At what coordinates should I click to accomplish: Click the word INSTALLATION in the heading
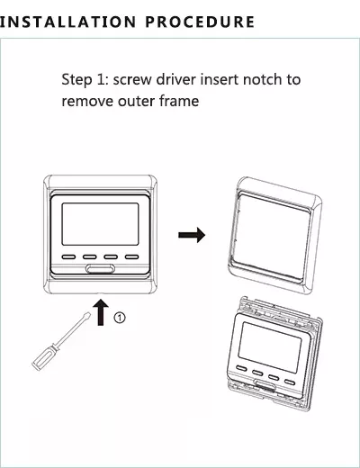67,22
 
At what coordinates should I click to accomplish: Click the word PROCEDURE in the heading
200,22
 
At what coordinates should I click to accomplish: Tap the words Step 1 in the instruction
82,80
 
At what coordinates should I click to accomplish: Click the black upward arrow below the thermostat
101,312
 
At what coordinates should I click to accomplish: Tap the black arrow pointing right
192,235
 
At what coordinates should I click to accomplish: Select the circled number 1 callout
120,318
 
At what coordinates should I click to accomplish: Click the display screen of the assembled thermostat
100,224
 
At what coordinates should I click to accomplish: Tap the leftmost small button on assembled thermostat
68,256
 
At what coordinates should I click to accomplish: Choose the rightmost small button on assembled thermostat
131,256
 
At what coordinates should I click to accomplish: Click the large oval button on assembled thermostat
100,268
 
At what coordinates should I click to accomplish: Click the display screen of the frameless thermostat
270,347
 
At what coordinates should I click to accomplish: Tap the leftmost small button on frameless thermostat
241,368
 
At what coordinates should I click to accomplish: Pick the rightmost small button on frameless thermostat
290,382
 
